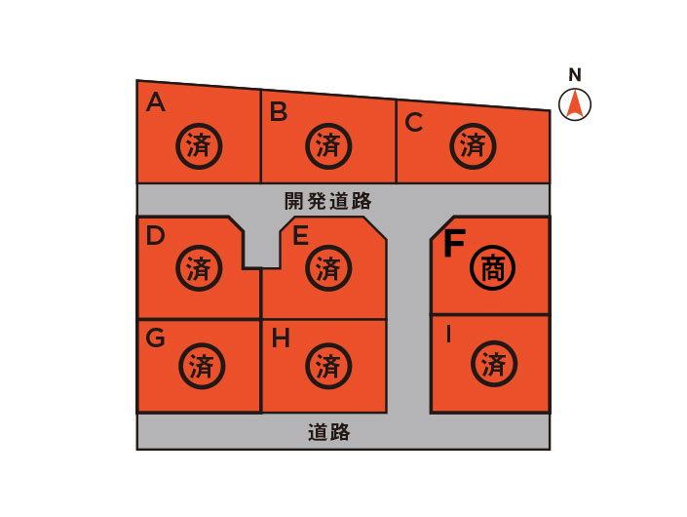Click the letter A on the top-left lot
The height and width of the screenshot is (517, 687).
point(156,102)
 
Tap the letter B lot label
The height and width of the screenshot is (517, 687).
point(279,111)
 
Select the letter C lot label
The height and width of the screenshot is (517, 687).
point(413,122)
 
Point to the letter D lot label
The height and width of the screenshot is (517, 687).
point(155,235)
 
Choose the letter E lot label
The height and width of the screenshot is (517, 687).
point(300,235)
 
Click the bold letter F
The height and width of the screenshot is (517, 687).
point(454,243)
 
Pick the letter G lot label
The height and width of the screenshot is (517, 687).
point(155,338)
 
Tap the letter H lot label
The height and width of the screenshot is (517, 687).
point(281,338)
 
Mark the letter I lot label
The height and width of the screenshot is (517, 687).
point(448,335)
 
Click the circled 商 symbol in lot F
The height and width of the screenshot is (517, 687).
point(492,267)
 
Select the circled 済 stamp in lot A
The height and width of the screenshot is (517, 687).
point(199,146)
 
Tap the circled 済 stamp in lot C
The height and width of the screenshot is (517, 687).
point(473,146)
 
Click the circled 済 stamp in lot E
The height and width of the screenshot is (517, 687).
point(328,268)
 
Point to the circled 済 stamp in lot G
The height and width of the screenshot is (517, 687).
point(202,366)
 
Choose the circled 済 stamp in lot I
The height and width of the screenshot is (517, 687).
point(494,364)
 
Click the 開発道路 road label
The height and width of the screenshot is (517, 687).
point(327,201)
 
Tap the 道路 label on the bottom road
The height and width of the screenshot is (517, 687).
point(328,432)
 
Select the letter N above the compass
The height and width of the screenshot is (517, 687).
point(575,75)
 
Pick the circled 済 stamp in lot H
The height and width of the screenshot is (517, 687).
point(328,366)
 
